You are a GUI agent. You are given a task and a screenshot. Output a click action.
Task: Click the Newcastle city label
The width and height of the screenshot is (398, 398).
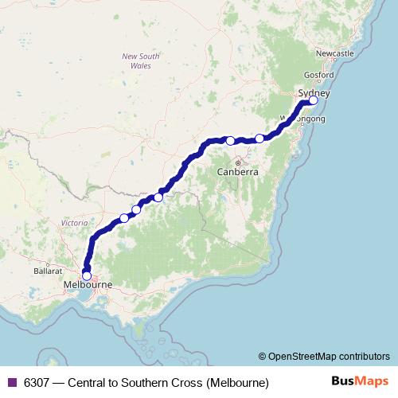[334, 53]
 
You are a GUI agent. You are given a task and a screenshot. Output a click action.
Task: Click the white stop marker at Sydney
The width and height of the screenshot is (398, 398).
[313, 100]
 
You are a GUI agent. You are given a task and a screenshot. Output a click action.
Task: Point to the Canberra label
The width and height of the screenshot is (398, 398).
[238, 172]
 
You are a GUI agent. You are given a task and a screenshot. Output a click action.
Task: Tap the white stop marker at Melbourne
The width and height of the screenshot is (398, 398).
[87, 275]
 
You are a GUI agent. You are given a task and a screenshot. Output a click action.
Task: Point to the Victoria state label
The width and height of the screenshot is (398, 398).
[74, 224]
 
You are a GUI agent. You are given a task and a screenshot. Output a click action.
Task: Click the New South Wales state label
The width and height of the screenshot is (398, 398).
[140, 61]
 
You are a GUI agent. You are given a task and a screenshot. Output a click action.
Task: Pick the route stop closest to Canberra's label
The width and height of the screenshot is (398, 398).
[231, 141]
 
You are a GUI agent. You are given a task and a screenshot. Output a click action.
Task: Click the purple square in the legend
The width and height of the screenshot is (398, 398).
[11, 382]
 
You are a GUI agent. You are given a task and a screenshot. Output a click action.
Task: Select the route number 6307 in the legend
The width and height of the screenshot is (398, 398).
[37, 382]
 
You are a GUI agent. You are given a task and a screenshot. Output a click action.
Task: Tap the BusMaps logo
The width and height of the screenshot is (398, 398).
[360, 381]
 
